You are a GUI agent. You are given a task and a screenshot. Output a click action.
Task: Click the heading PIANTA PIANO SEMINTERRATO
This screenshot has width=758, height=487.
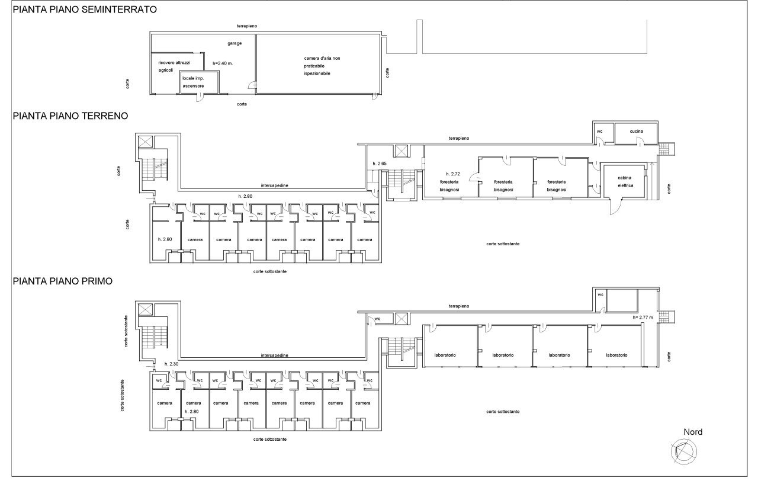[85, 9]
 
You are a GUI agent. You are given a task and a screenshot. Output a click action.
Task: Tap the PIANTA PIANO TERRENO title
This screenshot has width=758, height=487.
[70, 116]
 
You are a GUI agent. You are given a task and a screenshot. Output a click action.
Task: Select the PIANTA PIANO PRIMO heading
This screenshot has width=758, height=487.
[63, 281]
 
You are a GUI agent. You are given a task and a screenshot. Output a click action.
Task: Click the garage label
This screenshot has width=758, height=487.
[235, 43]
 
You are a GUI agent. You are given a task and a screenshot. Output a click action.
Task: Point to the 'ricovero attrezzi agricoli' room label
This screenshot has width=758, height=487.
[174, 66]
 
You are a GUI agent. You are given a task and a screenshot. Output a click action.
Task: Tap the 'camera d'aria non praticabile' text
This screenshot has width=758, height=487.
[322, 62]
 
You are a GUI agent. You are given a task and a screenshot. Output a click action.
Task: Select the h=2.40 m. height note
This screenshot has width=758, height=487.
[223, 63]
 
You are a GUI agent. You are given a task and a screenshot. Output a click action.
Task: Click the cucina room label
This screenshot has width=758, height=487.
[637, 132]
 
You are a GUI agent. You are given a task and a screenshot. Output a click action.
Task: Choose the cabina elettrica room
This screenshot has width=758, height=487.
[625, 181]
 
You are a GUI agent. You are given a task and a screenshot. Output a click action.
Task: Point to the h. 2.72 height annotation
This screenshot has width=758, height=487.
[453, 174]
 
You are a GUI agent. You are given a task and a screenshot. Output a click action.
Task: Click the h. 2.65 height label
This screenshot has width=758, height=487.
[380, 164]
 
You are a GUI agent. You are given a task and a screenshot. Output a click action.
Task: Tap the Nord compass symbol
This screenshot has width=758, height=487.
[684, 452]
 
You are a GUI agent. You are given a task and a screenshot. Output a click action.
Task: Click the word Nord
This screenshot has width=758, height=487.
[693, 432]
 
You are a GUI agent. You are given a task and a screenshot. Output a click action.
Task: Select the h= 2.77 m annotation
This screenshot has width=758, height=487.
[643, 318]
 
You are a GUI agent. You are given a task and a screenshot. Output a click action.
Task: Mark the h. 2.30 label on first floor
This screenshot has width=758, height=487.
[172, 364]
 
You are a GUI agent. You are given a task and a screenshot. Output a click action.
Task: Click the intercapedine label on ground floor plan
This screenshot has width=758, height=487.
[274, 185]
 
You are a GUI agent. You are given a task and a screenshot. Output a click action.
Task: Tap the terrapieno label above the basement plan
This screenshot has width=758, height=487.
[247, 26]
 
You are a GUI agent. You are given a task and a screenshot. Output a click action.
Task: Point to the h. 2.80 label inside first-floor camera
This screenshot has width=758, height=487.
[192, 412]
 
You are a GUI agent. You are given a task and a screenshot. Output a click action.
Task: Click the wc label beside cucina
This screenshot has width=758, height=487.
[600, 132]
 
